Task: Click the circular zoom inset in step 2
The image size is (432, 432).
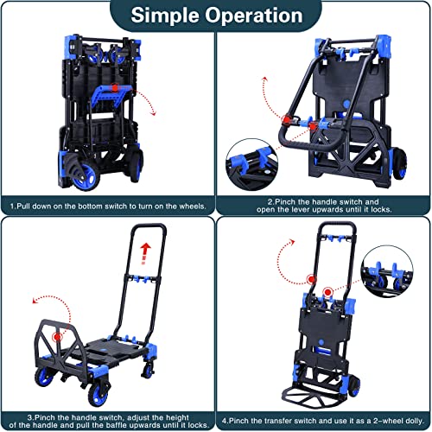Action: click(x=251, y=162)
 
